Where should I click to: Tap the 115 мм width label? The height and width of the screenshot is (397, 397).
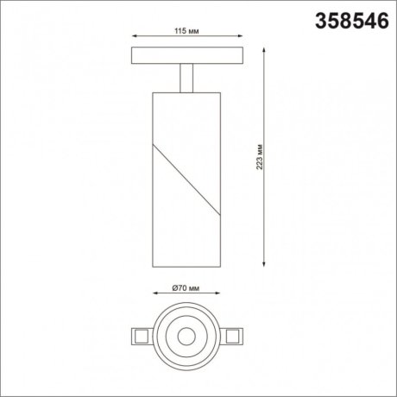point(186,30)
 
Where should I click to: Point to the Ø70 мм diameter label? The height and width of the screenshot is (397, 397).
point(186,287)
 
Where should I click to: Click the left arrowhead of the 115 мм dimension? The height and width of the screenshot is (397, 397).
point(133,37)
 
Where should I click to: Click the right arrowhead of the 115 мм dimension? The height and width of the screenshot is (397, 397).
point(240,37)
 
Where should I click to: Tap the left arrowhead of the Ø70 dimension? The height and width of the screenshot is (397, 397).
point(154,295)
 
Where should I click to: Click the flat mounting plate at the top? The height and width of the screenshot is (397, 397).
point(186,55)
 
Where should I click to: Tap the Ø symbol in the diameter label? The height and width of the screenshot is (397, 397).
point(174,287)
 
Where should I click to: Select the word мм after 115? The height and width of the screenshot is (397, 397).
point(193,30)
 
